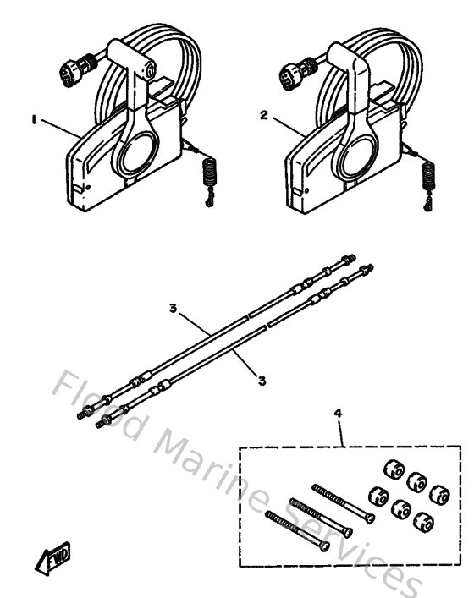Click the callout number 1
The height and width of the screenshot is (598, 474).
pos(35,121)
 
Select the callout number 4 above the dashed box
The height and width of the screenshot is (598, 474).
pos(339,414)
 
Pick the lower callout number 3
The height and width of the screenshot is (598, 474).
pos(261,381)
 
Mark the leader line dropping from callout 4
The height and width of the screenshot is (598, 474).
pos(341,434)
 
